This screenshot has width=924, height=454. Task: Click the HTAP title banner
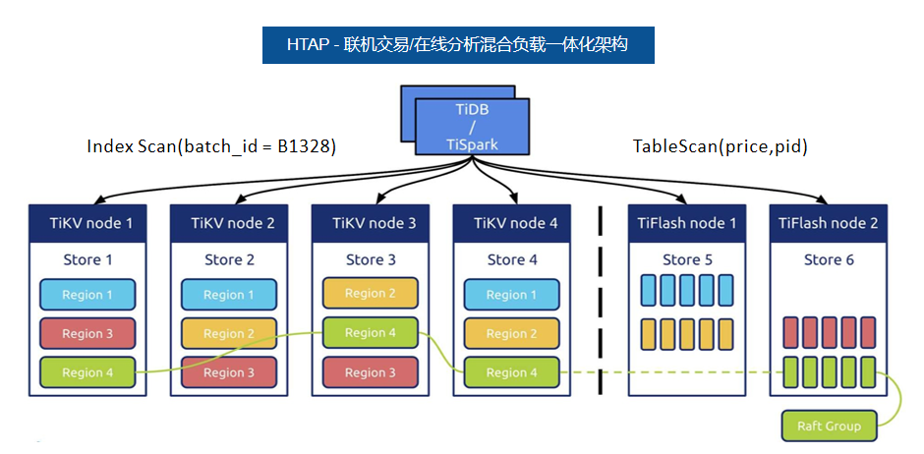click(x=458, y=45)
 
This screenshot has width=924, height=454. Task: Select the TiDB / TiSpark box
click(x=472, y=127)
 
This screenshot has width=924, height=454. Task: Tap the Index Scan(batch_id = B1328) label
click(x=211, y=146)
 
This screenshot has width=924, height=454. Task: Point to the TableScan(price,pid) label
click(x=720, y=146)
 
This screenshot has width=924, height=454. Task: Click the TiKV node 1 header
click(x=87, y=223)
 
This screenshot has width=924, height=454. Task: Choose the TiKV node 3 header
click(x=370, y=223)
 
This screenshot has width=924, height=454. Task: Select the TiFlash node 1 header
click(x=687, y=223)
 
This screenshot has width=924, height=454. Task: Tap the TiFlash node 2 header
click(x=828, y=223)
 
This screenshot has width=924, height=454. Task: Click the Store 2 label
click(x=229, y=259)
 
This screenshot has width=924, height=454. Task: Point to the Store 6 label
click(x=829, y=259)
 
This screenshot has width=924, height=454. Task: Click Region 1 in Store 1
click(x=87, y=295)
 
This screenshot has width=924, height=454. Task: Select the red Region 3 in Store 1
click(x=87, y=333)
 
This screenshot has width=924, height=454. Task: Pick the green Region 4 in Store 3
click(x=370, y=333)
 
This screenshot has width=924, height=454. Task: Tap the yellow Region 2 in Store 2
click(x=229, y=333)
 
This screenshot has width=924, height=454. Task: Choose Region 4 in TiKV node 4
click(x=511, y=372)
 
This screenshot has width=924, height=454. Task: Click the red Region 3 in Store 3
click(x=370, y=372)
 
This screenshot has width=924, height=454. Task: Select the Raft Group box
click(x=829, y=426)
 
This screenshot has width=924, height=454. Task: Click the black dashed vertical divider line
click(x=600, y=301)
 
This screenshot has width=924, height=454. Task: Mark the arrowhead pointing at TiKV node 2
click(x=242, y=200)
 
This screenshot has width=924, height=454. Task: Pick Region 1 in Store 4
click(x=511, y=295)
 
